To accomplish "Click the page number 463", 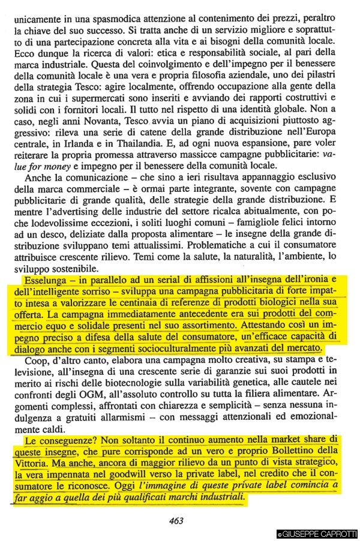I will (x=176, y=521).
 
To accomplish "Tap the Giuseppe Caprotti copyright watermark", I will (x=317, y=534).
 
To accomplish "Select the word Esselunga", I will (x=43, y=280).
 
